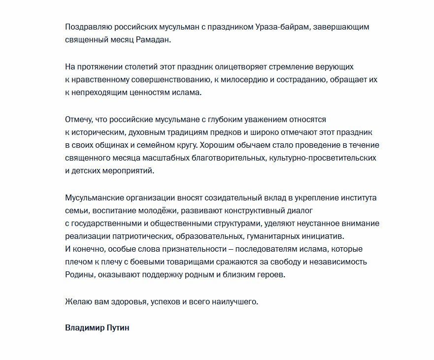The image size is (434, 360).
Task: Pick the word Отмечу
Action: pyautogui.click(x=79, y=120)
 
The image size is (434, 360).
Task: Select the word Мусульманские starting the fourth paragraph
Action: pyautogui.click(x=94, y=197)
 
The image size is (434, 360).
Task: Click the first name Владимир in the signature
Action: pyautogui.click(x=85, y=327)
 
